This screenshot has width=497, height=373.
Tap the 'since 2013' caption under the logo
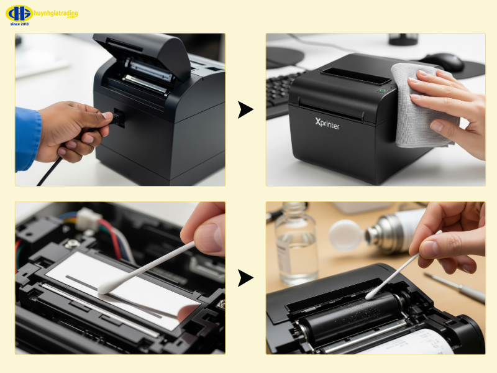click(20, 24)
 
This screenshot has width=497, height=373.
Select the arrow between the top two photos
click(245, 110)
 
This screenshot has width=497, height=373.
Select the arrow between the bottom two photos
click(245, 278)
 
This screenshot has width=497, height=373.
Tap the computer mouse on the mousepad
click(442, 61)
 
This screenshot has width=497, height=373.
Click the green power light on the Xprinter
click(381, 90)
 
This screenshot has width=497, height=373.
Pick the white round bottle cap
click(345, 235)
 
